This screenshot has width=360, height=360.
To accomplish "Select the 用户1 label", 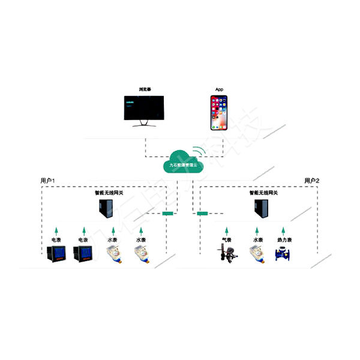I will (48, 181).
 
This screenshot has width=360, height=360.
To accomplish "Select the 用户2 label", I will (312, 181).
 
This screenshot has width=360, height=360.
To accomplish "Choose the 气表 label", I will (226, 240).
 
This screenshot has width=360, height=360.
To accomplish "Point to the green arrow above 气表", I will (226, 230).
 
